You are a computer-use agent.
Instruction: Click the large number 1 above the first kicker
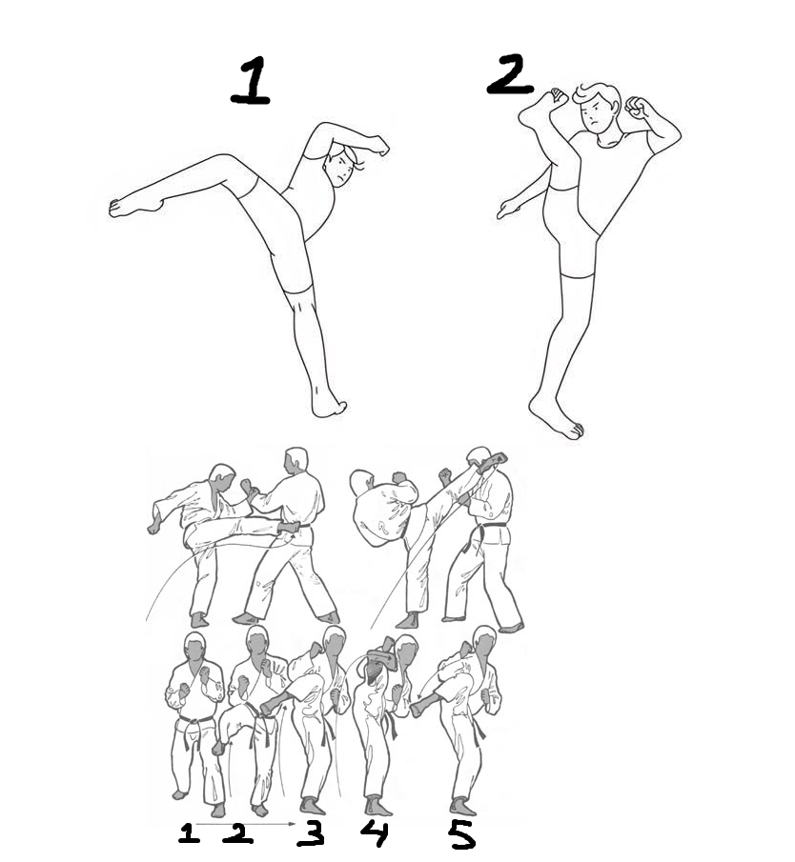coord(251,81)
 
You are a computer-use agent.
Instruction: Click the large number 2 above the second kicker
coord(509,75)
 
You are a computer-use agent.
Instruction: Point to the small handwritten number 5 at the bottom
coord(461,835)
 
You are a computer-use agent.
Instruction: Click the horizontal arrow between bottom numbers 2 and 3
coord(245,824)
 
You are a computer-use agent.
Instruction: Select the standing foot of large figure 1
coord(328,404)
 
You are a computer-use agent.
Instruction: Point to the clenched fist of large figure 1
coord(378,145)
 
